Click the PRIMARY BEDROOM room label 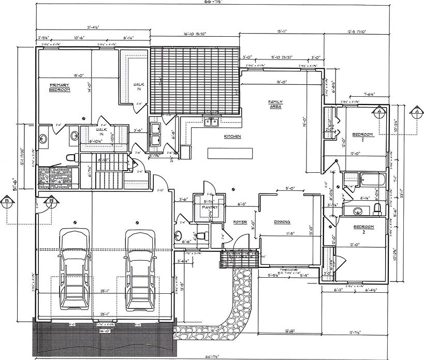60,87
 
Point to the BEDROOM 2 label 362,137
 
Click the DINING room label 282,222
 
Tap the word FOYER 240,222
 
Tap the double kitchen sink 211,123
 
